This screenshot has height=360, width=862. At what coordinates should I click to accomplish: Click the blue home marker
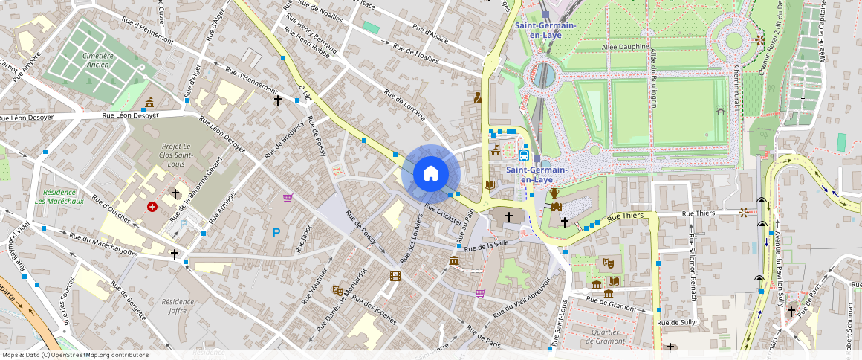[431, 174]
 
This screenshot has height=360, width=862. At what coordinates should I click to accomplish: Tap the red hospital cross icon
[152, 206]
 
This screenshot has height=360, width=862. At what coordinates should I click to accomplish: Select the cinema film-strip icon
[395, 276]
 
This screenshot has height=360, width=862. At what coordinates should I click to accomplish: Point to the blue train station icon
[524, 155]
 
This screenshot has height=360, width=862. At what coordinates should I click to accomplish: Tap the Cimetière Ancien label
[98, 60]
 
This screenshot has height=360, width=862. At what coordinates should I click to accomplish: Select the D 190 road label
[303, 93]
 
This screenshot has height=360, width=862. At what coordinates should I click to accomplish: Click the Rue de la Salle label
[487, 245]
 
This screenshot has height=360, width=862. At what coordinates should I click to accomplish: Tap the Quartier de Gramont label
[606, 336]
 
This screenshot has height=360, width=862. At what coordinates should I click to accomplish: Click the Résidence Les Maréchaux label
[59, 196]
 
